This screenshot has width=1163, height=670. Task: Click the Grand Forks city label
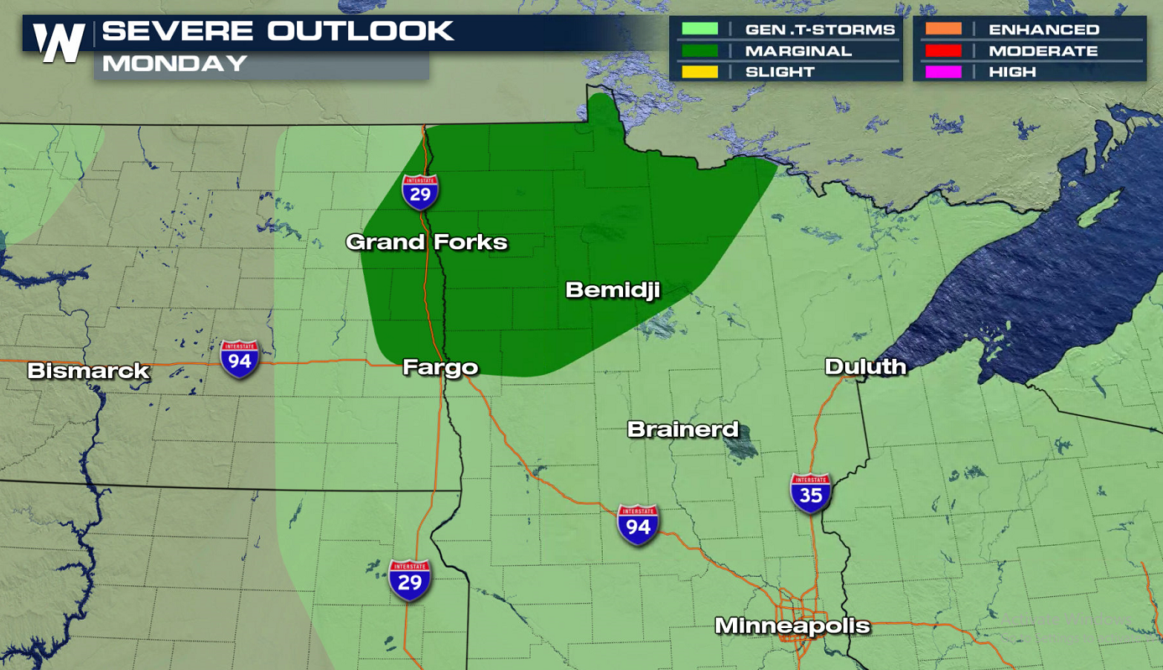click(x=426, y=242)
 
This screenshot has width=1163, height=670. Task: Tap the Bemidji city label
click(x=612, y=290)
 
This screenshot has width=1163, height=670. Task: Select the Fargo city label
click(x=440, y=367)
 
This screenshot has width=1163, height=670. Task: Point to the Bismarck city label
click(x=88, y=371)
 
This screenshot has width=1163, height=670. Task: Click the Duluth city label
click(x=865, y=366)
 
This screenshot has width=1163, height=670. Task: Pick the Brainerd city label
click(x=683, y=429)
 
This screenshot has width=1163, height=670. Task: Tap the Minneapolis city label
click(x=792, y=626)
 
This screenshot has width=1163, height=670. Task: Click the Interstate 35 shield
click(x=810, y=493)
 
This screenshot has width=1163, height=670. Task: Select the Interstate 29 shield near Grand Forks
click(x=419, y=192)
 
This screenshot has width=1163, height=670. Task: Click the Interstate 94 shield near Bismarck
click(x=240, y=358)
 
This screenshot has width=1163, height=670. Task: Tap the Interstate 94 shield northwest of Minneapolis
click(x=637, y=524)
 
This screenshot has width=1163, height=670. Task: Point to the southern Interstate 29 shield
click(x=409, y=579)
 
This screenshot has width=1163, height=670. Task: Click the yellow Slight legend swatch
click(x=700, y=72)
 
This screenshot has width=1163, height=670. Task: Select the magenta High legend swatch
click(x=943, y=72)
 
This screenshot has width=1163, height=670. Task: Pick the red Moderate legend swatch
click(x=943, y=51)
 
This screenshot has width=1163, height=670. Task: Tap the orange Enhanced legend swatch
click(x=943, y=29)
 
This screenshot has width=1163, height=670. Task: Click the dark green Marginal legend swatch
click(x=700, y=51)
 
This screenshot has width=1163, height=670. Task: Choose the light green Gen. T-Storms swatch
click(x=700, y=29)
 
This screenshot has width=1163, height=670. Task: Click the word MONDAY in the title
click(x=174, y=64)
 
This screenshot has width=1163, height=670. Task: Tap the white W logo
click(x=59, y=42)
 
